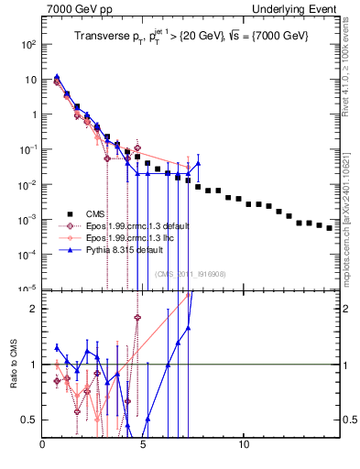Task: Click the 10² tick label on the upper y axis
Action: pos(29,44)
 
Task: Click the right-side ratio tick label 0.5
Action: pos(349,420)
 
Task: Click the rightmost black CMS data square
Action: pos(329,228)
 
